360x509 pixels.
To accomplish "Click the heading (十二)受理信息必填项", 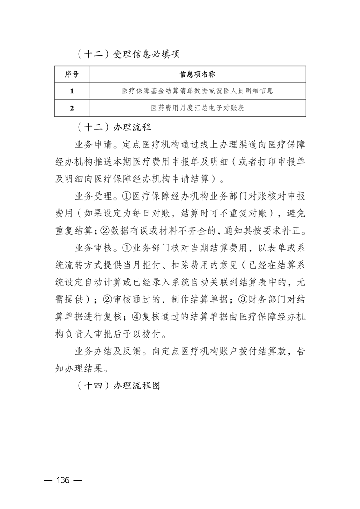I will [x=127, y=54].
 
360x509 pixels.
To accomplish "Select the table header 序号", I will [x=72, y=74].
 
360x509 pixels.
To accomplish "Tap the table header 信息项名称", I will [x=197, y=74].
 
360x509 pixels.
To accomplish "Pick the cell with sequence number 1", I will [x=72, y=91].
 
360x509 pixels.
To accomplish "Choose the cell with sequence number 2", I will [x=72, y=108].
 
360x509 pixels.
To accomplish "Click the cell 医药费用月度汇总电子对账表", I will [x=197, y=108].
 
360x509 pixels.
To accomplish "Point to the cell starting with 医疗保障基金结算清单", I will [x=197, y=91].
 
